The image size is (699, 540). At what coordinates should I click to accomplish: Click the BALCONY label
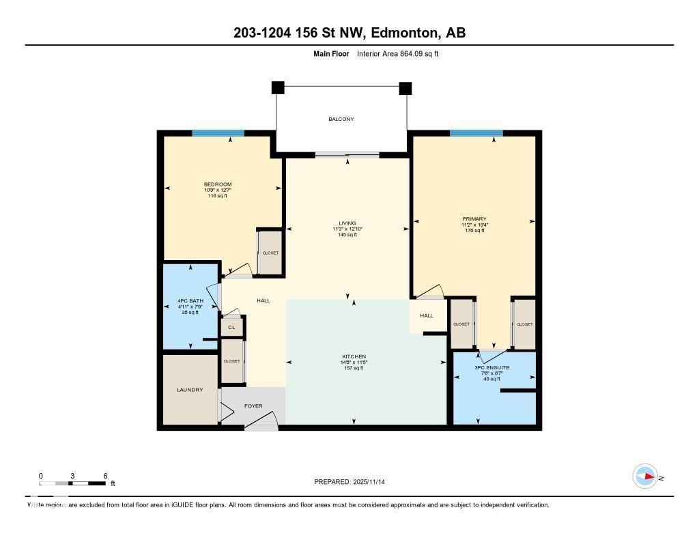pos(341,119)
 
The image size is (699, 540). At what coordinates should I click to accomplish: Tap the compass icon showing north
pos(645,477)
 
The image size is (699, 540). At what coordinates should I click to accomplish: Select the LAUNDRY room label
pos(190,390)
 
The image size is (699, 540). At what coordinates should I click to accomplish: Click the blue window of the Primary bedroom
pos(476,133)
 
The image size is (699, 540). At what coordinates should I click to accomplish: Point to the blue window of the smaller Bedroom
pos(218,133)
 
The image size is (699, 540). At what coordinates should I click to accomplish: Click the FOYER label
pos(253,406)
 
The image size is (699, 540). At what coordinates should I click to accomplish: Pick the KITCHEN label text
pos(354,356)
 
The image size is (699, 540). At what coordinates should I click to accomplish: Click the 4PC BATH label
pos(190,301)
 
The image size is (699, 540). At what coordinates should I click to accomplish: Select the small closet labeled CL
pos(231,328)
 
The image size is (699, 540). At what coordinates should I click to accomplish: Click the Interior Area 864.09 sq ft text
pos(397,53)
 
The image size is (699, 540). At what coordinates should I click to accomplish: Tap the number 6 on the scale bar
pos(105,475)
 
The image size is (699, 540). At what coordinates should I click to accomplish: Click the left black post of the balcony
pos(277,87)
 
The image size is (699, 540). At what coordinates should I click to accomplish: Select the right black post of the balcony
pos(405,87)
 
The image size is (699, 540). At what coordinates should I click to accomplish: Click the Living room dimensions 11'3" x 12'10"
pos(347,229)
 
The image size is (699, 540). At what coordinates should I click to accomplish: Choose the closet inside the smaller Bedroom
pos(270,253)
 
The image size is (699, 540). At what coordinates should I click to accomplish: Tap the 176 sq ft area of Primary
pos(474,231)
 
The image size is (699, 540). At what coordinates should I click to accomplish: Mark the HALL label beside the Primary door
pos(427,315)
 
